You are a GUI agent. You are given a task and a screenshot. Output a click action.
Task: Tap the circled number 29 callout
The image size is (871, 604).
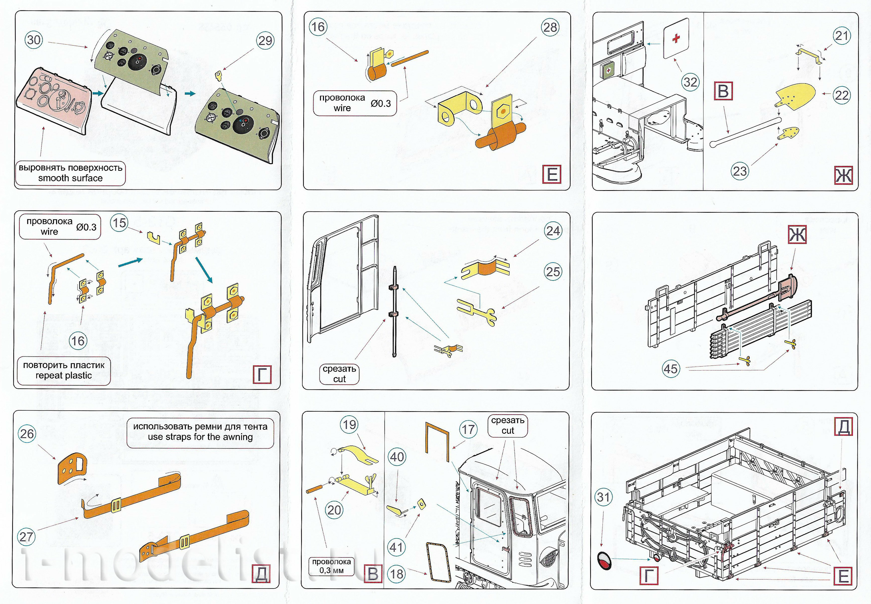point(265,40)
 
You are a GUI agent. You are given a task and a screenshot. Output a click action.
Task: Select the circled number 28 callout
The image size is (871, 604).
point(550,27)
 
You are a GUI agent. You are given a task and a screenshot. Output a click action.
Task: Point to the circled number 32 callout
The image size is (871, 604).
point(690,82)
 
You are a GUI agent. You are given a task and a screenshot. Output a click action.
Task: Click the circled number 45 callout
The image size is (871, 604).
point(671,369)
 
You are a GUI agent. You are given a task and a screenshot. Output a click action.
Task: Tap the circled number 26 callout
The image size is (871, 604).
point(27,434)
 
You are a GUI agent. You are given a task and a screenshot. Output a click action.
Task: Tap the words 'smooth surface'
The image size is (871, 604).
point(71,178)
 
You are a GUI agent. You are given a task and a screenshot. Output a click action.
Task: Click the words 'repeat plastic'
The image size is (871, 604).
point(63,376)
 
